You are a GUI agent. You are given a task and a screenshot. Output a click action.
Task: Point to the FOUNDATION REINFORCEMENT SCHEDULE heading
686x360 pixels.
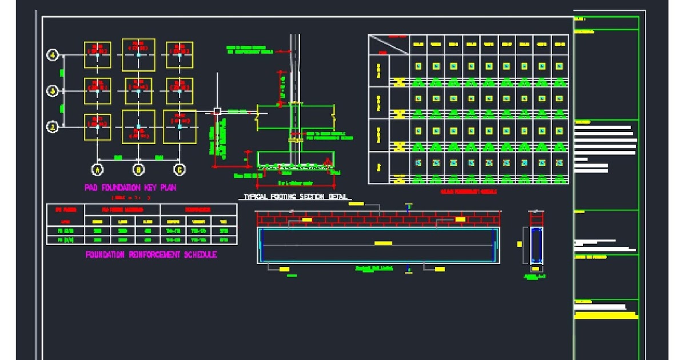point(151,255)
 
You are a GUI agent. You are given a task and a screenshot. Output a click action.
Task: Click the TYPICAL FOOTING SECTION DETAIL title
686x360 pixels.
point(295,197)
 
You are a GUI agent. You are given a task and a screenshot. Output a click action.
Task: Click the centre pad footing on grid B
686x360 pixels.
point(138,91)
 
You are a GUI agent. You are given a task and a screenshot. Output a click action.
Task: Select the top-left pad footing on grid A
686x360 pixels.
point(98,55)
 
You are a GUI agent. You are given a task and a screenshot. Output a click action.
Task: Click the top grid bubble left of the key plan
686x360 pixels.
point(53,55)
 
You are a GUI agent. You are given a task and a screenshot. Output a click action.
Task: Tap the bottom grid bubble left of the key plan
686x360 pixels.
point(53,127)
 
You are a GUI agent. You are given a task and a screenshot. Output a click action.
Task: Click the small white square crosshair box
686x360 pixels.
point(217,111)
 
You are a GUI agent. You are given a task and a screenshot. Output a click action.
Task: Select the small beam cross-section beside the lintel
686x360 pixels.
point(536,243)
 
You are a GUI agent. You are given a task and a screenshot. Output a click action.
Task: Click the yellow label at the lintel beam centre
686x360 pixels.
point(383,243)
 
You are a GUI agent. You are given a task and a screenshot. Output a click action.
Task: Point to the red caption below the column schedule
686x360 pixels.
point(468,191)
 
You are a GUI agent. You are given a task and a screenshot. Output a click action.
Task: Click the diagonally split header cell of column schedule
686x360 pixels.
point(389,45)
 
